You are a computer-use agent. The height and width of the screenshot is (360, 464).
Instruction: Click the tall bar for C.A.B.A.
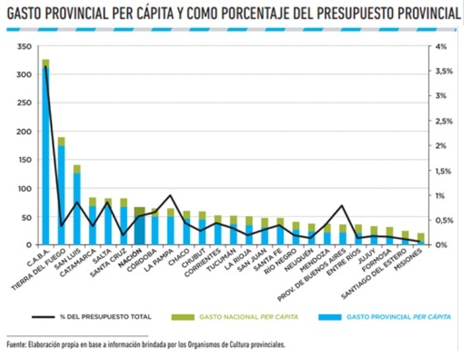pyautogui.click(x=45, y=152)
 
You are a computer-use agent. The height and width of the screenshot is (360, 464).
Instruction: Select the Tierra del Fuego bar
pyautogui.click(x=61, y=191)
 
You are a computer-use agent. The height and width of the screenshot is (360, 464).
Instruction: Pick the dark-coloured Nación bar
pyautogui.click(x=139, y=226)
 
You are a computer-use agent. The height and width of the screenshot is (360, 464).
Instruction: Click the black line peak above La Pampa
pyautogui.click(x=170, y=196)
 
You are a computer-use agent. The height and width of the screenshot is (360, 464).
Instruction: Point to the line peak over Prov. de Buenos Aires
pyautogui.click(x=342, y=205)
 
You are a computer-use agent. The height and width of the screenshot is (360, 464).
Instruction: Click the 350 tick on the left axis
pyautogui.click(x=24, y=47)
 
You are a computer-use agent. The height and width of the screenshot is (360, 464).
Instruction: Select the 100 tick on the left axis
pyautogui.click(x=24, y=189)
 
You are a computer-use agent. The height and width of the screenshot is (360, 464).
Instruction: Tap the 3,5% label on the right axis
pyautogui.click(x=444, y=71)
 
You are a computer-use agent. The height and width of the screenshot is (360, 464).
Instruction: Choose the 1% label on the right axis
pyautogui.click(x=440, y=196)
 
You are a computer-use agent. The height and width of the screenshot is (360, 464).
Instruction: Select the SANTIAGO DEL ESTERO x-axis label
pyautogui.click(x=374, y=274)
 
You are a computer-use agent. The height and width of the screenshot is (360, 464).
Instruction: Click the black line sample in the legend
pyautogui.click(x=43, y=317)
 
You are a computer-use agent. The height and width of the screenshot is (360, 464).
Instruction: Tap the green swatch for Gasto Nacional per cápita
pyautogui.click(x=183, y=317)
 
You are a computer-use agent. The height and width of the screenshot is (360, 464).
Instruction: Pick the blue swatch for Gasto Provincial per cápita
pyautogui.click(x=330, y=317)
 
